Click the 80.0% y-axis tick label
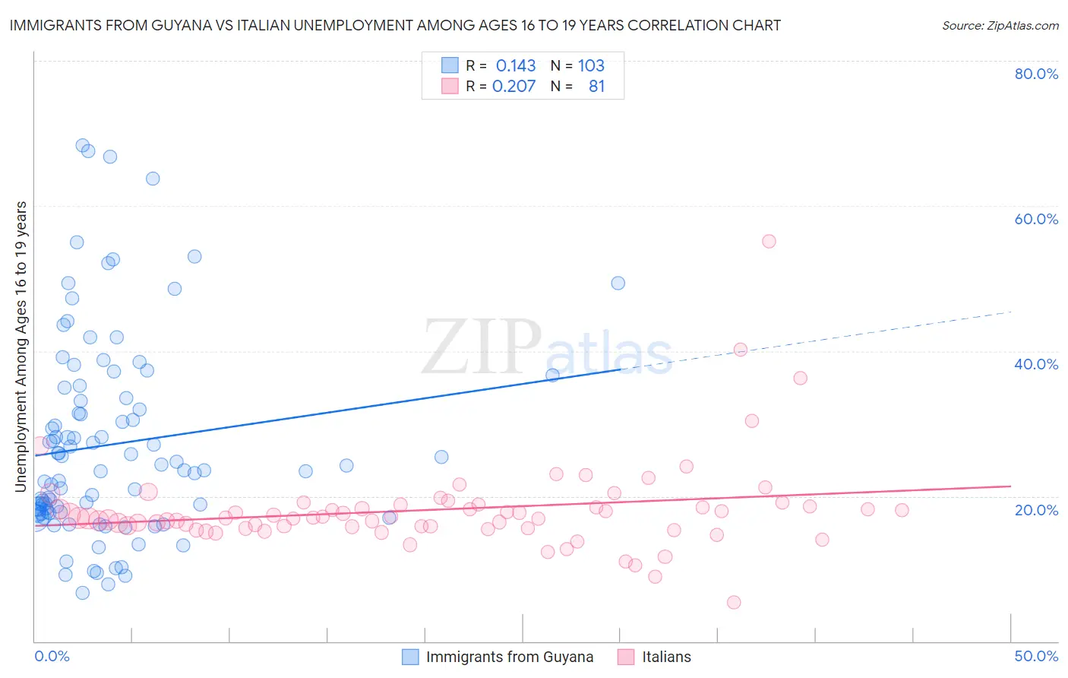(x=1036, y=74)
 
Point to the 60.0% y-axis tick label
(x=1036, y=219)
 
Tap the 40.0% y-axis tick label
(x=1036, y=364)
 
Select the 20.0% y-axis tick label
(x=1036, y=509)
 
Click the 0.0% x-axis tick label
(x=52, y=656)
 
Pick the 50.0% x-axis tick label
(x=1036, y=656)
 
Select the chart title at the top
(x=395, y=25)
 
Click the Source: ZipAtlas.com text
(x=1000, y=25)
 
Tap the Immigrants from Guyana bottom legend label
(x=510, y=657)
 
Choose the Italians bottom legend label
(x=666, y=657)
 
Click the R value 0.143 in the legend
(x=516, y=65)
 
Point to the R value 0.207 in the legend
(x=514, y=86)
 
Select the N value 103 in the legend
(x=591, y=65)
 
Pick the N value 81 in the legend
(x=596, y=86)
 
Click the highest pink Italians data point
(x=769, y=241)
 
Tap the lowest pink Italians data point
(x=734, y=602)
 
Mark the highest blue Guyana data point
(x=83, y=145)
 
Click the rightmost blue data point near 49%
(x=618, y=283)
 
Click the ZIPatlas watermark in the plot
(x=547, y=348)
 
